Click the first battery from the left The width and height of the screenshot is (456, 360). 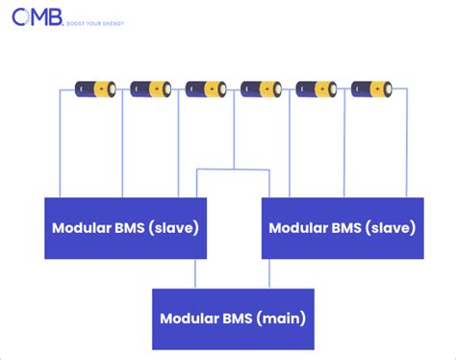[94, 89]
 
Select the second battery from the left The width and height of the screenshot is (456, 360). [150, 89]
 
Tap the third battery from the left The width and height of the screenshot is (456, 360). [206, 89]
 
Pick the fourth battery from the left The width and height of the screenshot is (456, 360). [261, 89]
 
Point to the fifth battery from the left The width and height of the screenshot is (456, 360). [317, 89]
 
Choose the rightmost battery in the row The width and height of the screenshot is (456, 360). [371, 89]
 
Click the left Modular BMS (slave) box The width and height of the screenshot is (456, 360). [125, 228]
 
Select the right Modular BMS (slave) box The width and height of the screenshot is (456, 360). [342, 228]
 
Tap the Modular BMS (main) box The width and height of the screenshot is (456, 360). [234, 319]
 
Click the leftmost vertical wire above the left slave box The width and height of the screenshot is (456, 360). [64, 144]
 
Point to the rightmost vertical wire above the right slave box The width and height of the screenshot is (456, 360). [407, 144]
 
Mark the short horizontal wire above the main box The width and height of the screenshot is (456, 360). [234, 170]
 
